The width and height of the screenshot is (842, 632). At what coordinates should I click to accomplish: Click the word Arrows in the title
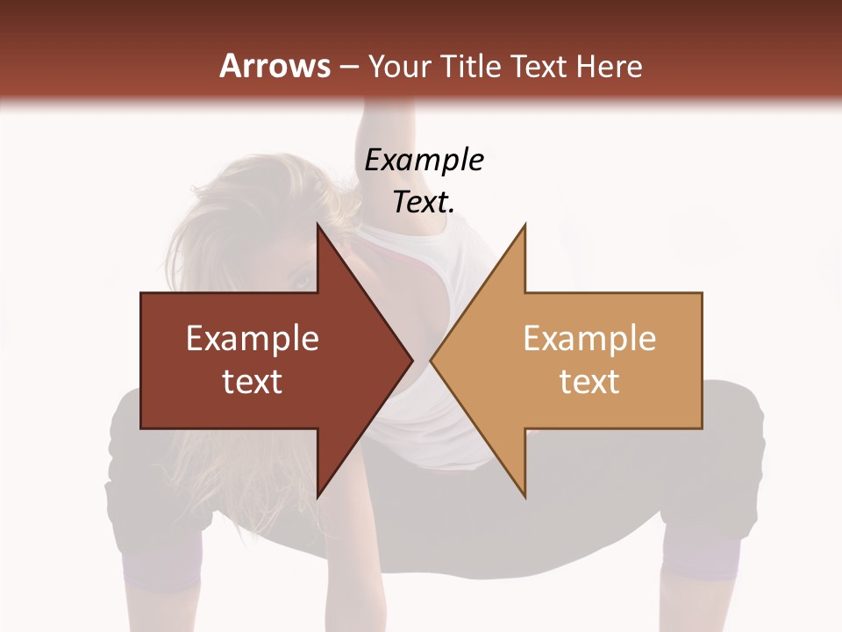275,66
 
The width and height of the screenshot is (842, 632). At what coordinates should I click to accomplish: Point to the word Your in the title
398,66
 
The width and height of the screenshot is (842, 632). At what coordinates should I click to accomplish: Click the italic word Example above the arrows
425,160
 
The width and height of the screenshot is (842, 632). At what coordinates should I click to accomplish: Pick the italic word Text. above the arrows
425,202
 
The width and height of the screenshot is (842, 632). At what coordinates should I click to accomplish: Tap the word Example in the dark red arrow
253,339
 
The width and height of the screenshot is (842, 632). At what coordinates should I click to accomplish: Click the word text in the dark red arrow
253,381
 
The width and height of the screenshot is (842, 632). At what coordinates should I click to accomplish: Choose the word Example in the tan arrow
589,339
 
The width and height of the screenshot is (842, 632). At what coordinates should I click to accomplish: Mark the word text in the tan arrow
589,381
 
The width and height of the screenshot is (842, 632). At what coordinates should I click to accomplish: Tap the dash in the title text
348,67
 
